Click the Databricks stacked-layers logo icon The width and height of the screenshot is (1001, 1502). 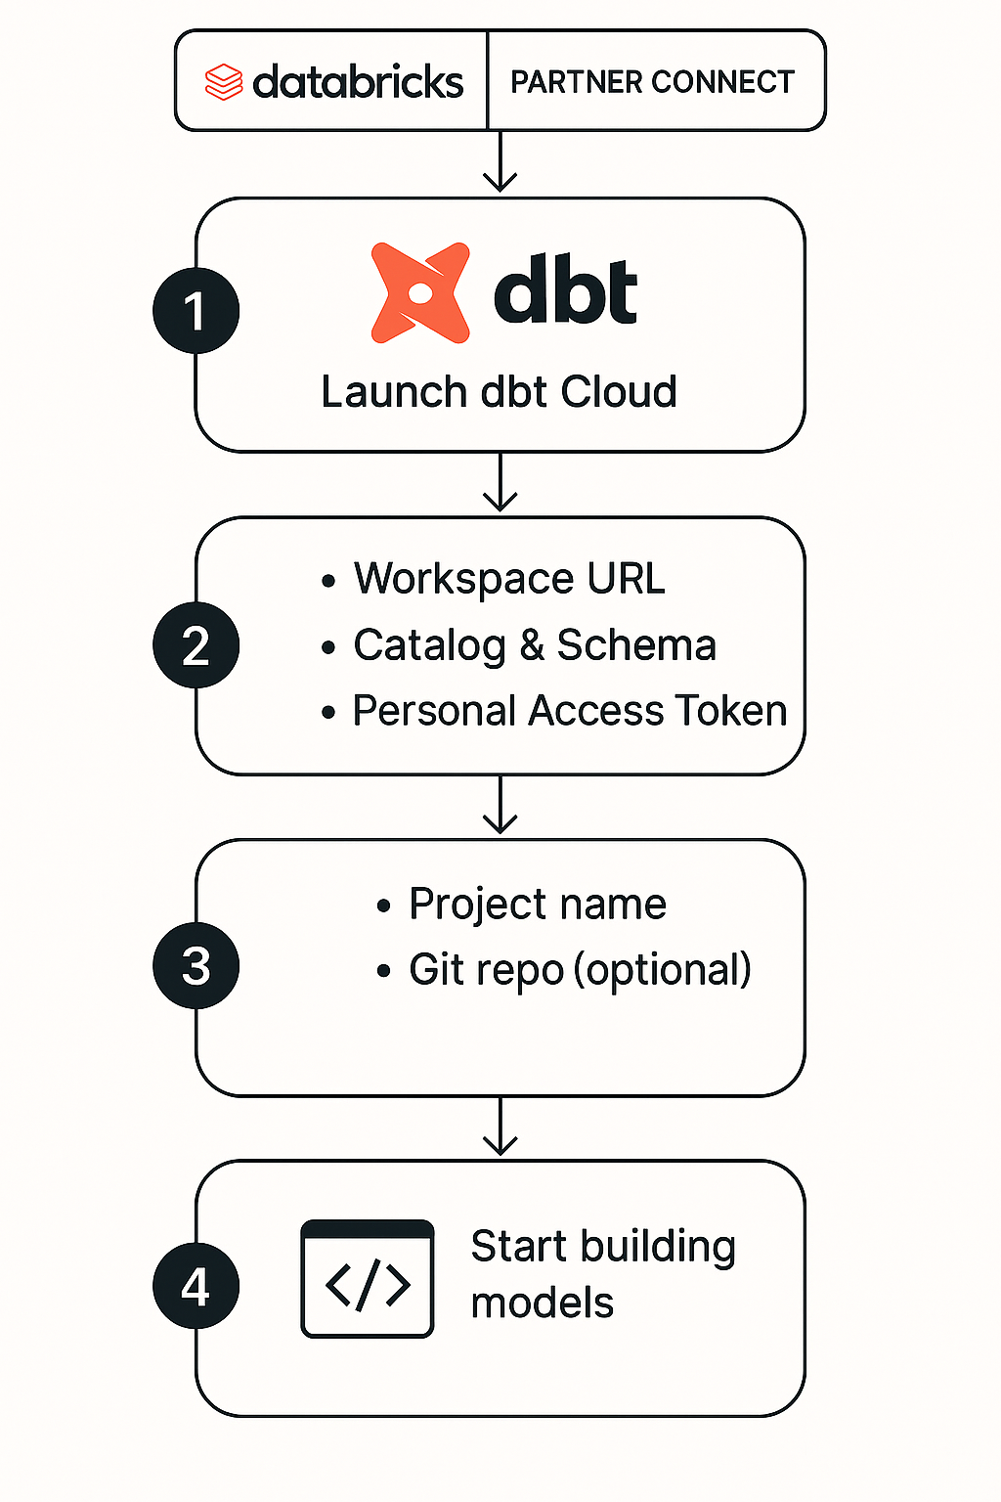click(223, 82)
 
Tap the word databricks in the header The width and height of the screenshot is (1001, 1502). click(358, 82)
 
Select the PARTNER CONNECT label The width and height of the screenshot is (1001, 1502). click(652, 82)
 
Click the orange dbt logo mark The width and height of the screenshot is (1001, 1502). click(420, 292)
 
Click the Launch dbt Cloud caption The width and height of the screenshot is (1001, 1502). click(499, 392)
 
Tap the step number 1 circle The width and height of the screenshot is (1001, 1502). click(196, 311)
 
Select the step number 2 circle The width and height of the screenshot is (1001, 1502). click(196, 645)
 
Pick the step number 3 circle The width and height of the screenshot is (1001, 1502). click(196, 966)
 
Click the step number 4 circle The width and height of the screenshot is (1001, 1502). click(196, 1286)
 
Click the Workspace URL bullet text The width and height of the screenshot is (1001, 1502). click(508, 579)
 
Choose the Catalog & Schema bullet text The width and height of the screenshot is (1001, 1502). click(534, 645)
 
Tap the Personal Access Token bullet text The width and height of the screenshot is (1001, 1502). click(569, 711)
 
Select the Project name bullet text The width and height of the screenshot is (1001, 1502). click(537, 904)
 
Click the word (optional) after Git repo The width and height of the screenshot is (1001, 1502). click(663, 970)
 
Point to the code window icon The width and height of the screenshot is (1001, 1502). click(367, 1278)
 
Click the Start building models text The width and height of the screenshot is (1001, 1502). click(602, 1273)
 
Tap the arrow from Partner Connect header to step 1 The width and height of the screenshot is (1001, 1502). click(500, 163)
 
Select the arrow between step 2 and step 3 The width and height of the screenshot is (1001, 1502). click(500, 806)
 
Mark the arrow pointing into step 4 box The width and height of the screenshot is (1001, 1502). click(500, 1127)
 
